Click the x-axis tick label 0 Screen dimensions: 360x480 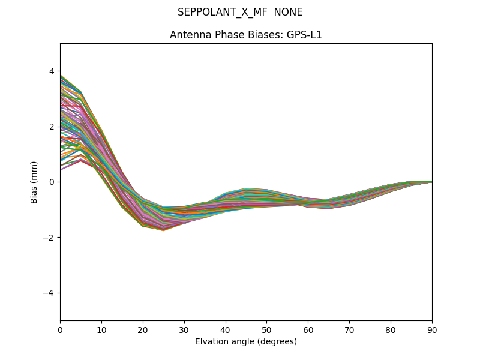point(60,329)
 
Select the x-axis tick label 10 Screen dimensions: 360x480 point(101,329)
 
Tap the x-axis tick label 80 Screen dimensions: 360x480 point(391,329)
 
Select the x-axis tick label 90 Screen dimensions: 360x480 point(432,329)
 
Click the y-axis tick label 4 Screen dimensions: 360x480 point(52,71)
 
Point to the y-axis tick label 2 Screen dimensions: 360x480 point(52,127)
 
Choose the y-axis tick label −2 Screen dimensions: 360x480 point(49,238)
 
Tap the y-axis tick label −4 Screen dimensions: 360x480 point(49,293)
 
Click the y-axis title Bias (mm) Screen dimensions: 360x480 point(34,182)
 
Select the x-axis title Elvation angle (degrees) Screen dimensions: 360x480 point(246,342)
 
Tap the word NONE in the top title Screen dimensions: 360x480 point(288,12)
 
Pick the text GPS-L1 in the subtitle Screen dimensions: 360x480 point(306,35)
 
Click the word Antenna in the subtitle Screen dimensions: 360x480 point(188,35)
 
